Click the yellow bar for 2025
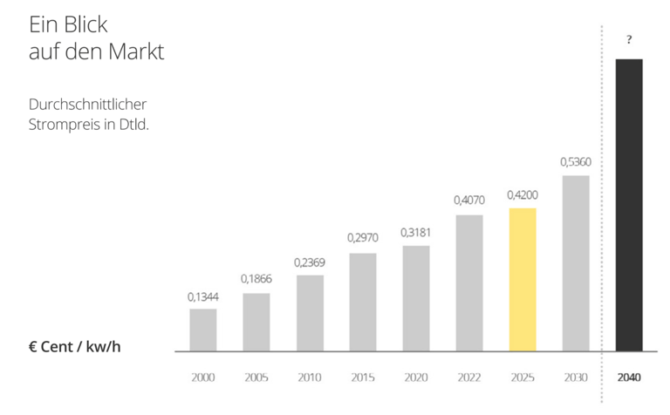tap(522, 279)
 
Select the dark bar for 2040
tap(629, 205)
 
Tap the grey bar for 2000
tap(202, 330)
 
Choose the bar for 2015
tap(363, 302)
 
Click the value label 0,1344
tap(202, 297)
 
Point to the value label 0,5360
tap(576, 162)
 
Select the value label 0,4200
tap(522, 196)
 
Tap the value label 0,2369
tap(310, 262)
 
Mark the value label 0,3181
tap(416, 233)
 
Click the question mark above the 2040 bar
tap(629, 40)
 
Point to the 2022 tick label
tap(469, 378)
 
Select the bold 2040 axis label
tap(629, 378)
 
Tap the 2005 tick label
tap(256, 378)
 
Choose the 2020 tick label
tap(416, 378)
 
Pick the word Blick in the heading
tap(92, 24)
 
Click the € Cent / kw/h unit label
tap(74, 347)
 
